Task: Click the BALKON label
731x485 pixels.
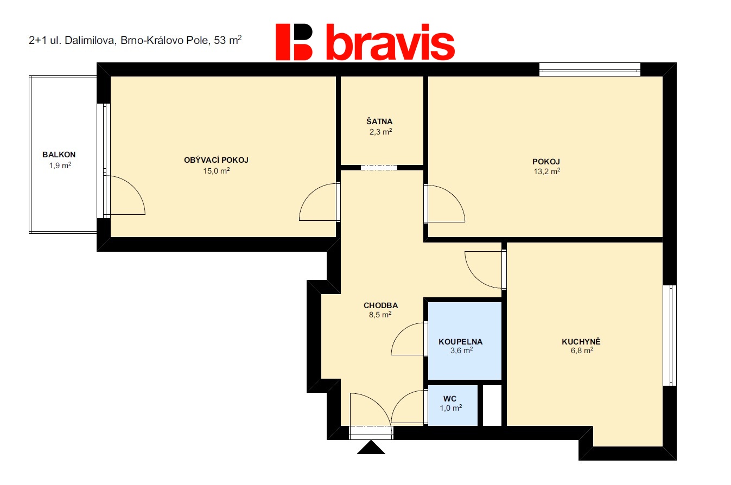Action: tap(59, 155)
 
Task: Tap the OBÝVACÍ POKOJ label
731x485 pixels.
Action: tap(216, 160)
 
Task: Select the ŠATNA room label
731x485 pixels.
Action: tap(379, 122)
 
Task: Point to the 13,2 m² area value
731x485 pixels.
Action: tap(546, 171)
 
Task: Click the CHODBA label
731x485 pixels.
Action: tap(380, 305)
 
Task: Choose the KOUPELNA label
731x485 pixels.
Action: tap(460, 342)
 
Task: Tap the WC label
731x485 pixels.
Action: tap(450, 399)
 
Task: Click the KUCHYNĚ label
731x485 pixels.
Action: tap(581, 341)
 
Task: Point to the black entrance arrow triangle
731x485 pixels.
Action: tap(371, 447)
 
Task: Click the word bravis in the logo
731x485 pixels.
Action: tap(391, 42)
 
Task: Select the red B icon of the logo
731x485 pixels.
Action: tap(294, 42)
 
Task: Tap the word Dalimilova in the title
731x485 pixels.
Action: tap(90, 41)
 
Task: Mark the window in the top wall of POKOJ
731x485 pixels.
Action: tap(590, 69)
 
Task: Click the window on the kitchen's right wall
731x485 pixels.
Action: tap(670, 335)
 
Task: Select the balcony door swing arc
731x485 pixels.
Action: tap(136, 189)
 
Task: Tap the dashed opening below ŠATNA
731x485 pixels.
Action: tap(379, 168)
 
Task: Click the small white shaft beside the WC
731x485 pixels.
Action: tap(492, 405)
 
